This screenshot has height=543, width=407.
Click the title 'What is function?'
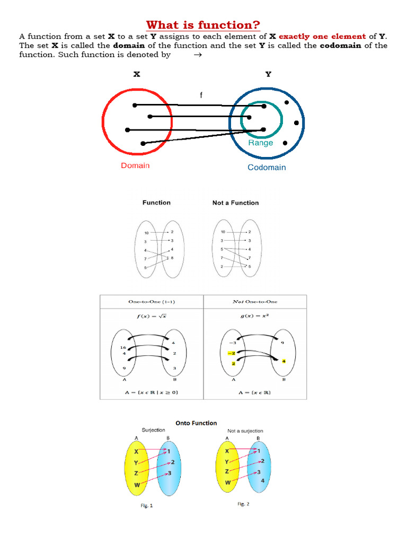point(203,25)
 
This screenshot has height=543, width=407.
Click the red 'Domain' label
point(135,165)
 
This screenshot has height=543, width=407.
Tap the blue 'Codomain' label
point(267,168)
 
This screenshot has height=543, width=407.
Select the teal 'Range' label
point(261,143)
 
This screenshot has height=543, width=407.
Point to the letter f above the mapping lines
point(201,95)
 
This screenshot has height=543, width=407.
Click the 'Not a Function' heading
point(235,203)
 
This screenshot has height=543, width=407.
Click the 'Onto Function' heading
point(196,423)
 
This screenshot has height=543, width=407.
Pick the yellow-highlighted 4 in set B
point(284,361)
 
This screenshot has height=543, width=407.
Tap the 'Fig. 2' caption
point(243,504)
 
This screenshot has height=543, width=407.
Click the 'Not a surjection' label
point(245,431)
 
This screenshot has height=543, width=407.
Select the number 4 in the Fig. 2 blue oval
point(262,481)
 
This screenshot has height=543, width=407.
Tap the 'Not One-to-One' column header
point(255,302)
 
